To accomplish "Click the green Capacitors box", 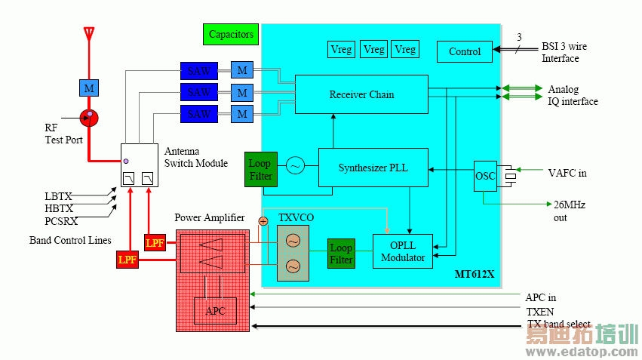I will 231,34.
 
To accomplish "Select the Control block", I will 464,51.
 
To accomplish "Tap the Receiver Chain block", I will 361,94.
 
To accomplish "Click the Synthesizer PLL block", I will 373,168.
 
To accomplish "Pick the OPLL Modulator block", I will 402,251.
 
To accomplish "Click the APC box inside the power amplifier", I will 215,310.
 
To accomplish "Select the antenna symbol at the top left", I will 89,35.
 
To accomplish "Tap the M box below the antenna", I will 89,88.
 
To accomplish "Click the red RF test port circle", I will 89,116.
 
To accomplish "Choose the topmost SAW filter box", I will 198,71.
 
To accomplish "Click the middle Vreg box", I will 373,50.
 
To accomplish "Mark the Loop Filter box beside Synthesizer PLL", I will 260,169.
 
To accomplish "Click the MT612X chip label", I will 475,274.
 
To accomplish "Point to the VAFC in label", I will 567,173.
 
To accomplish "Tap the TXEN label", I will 541,311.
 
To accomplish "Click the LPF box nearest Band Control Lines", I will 127,260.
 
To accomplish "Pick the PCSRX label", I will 61,221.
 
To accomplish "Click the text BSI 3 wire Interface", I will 563,52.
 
